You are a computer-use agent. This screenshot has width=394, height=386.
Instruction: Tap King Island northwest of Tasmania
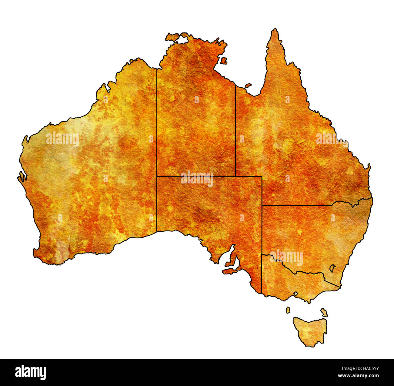pyautogui.click(x=288, y=310)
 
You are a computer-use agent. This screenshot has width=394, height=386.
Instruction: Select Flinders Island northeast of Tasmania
pyautogui.click(x=324, y=313)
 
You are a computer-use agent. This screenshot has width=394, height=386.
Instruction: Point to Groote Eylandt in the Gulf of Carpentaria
pyautogui.click(x=224, y=61)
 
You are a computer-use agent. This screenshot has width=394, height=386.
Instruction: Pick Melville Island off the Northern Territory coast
pyautogui.click(x=172, y=37)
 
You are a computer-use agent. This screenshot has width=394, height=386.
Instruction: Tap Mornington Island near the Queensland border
pyautogui.click(x=248, y=86)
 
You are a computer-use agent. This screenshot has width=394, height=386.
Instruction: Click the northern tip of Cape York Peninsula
pyautogui.click(x=275, y=30)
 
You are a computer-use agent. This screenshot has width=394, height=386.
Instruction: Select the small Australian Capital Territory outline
pyautogui.click(x=332, y=268)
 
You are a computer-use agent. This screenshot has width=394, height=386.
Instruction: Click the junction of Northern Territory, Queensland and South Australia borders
pyautogui.click(x=236, y=176)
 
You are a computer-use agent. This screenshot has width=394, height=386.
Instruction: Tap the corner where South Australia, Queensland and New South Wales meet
pyautogui.click(x=262, y=205)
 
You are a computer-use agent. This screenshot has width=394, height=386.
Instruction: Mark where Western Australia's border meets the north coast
pyautogui.click(x=157, y=69)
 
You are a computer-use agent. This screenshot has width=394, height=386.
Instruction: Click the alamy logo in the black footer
pyautogui.click(x=31, y=372)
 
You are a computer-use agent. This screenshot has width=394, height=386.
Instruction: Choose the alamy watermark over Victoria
pyautogui.click(x=286, y=258)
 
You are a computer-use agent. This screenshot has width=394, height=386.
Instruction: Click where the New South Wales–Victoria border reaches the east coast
pyautogui.click(x=340, y=287)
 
